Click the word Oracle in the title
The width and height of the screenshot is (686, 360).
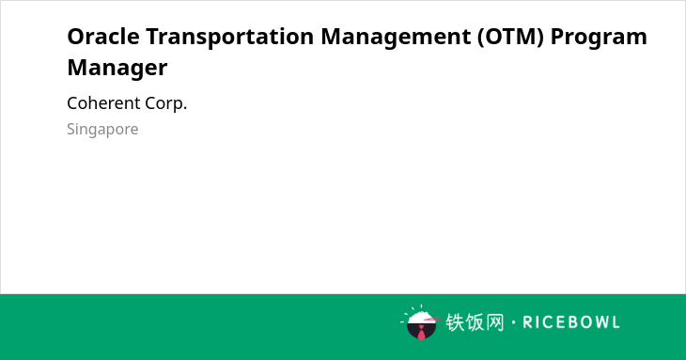103,37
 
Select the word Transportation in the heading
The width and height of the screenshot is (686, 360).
229,37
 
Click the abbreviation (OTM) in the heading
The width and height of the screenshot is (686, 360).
510,37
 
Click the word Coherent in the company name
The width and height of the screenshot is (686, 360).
103,103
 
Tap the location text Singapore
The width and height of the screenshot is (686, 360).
102,130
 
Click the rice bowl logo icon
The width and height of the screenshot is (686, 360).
420,322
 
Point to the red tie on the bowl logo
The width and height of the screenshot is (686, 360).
421,333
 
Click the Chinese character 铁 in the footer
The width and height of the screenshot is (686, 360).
455,322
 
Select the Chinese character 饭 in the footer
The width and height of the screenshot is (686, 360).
475,322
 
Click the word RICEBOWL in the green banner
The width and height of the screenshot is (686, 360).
571,322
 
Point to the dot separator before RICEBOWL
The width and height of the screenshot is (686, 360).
513,322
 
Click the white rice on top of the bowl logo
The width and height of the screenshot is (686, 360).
420,318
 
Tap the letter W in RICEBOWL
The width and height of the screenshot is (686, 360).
598,322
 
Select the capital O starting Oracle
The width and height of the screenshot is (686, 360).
75,37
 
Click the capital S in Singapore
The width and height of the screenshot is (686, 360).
70,129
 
